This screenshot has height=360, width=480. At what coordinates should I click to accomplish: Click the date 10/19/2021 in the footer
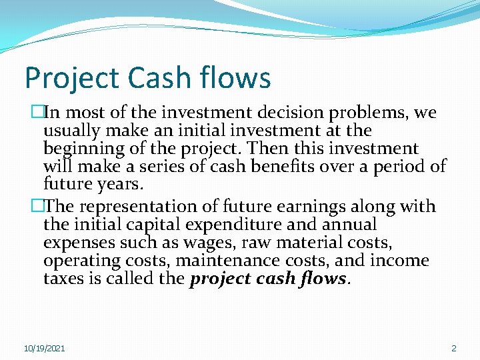coord(45,349)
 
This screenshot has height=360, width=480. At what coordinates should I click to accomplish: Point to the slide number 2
coord(454,349)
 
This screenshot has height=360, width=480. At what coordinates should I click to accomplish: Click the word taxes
coord(65,277)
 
